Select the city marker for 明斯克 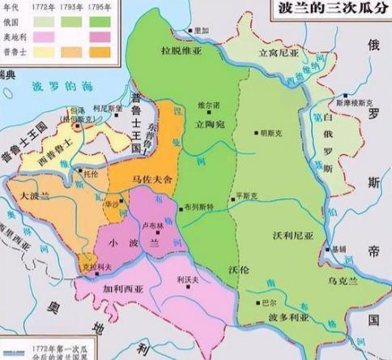pyautogui.click(x=257, y=132)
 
